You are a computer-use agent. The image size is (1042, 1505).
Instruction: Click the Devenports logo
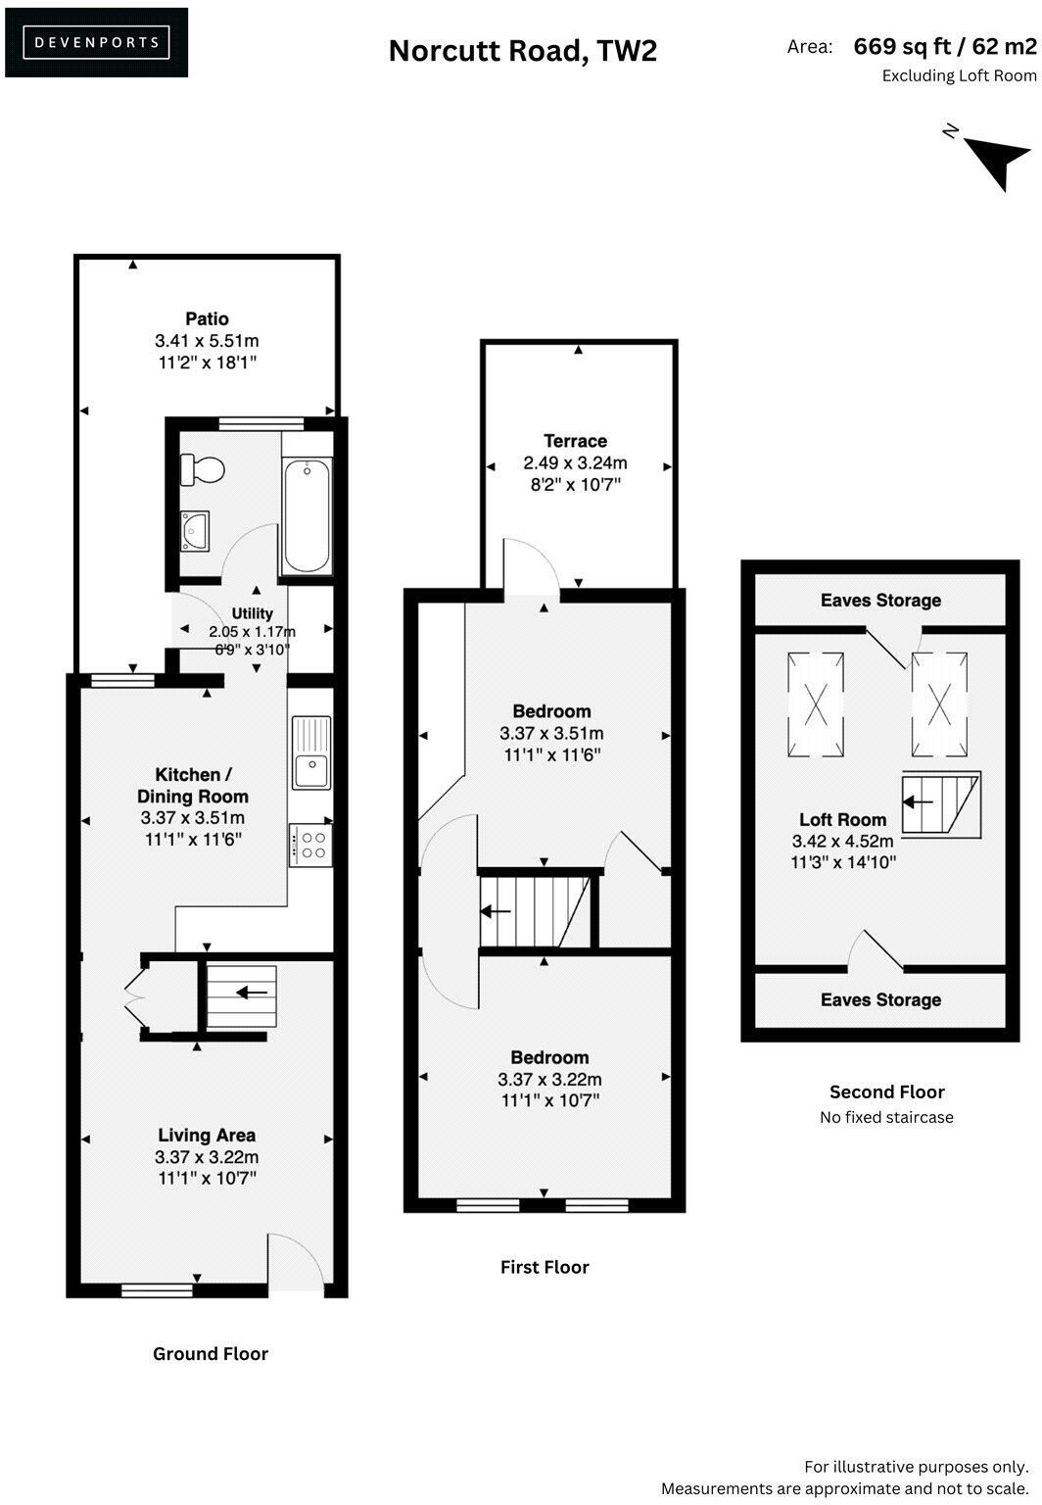click(96, 42)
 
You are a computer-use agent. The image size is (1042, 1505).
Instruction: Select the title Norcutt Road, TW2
click(522, 50)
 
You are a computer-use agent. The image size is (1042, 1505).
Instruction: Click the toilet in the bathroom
click(204, 469)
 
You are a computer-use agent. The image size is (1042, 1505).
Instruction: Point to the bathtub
click(306, 515)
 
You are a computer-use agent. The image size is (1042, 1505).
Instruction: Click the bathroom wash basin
click(195, 530)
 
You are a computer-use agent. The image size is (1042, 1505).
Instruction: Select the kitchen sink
click(311, 752)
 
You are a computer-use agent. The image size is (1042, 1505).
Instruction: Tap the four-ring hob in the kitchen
click(311, 845)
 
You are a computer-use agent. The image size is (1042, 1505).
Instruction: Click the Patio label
click(207, 318)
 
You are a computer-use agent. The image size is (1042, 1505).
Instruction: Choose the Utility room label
click(252, 614)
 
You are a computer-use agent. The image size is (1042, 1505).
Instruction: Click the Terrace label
click(575, 441)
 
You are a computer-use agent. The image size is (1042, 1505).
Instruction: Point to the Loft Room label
click(842, 820)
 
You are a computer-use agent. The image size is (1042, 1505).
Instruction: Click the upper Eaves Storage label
click(880, 600)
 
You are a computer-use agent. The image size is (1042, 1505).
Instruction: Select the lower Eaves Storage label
click(880, 999)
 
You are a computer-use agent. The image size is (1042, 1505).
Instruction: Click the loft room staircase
click(940, 802)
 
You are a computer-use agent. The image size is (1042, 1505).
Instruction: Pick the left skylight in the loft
click(815, 704)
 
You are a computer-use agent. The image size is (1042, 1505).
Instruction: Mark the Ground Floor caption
click(211, 1353)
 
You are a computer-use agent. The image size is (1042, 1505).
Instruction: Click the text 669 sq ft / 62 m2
click(944, 46)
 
